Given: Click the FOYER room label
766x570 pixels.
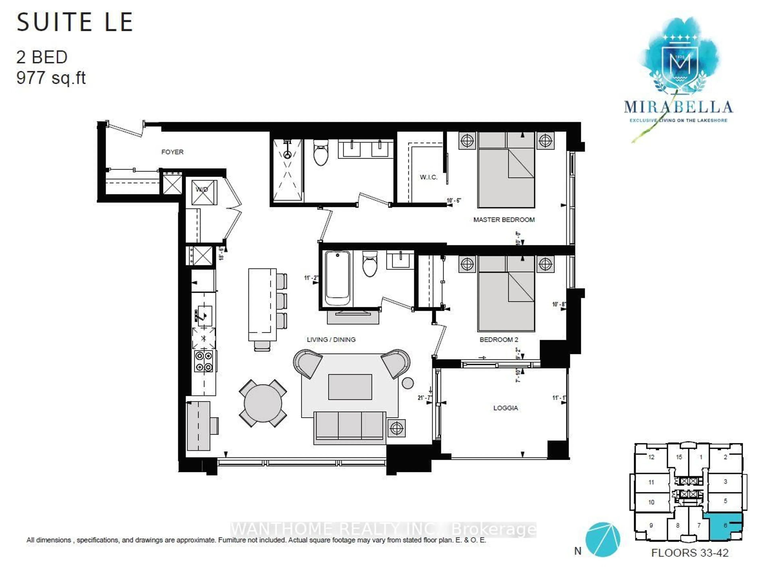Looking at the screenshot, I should (172, 152).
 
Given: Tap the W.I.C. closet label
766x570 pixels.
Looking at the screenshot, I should (428, 177).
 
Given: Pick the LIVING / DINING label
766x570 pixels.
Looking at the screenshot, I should (331, 340).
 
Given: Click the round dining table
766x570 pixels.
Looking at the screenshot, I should (263, 403).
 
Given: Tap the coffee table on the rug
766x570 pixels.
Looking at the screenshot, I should (350, 386).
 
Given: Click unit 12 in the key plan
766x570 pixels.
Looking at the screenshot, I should (651, 457).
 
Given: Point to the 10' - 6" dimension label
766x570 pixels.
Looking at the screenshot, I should (454, 201).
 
